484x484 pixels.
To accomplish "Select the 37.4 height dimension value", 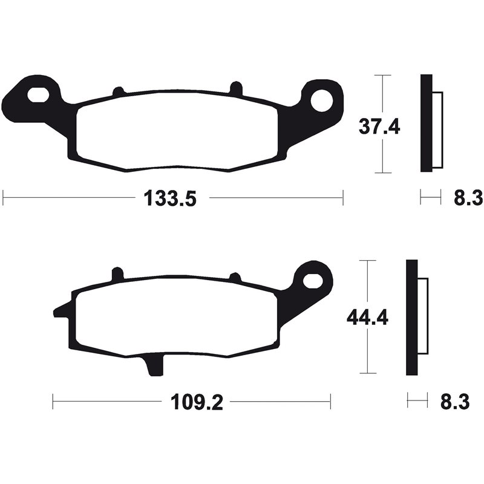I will coord(379,126).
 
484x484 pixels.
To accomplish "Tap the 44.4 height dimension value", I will coord(367,317).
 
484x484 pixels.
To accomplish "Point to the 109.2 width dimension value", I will coord(198,402).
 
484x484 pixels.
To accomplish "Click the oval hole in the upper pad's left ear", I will coord(39,94).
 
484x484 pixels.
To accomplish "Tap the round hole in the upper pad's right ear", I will coord(321,99).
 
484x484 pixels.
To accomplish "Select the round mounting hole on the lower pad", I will coord(313,280).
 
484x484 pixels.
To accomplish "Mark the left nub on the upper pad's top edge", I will coord(119,92).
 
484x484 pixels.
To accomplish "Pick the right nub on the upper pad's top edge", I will coord(236,88).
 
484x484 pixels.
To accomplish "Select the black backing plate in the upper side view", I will coord(426,124).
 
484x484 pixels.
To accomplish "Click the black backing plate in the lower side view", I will coord(411,317).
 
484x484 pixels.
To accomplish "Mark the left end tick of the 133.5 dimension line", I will coord(4,197).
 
